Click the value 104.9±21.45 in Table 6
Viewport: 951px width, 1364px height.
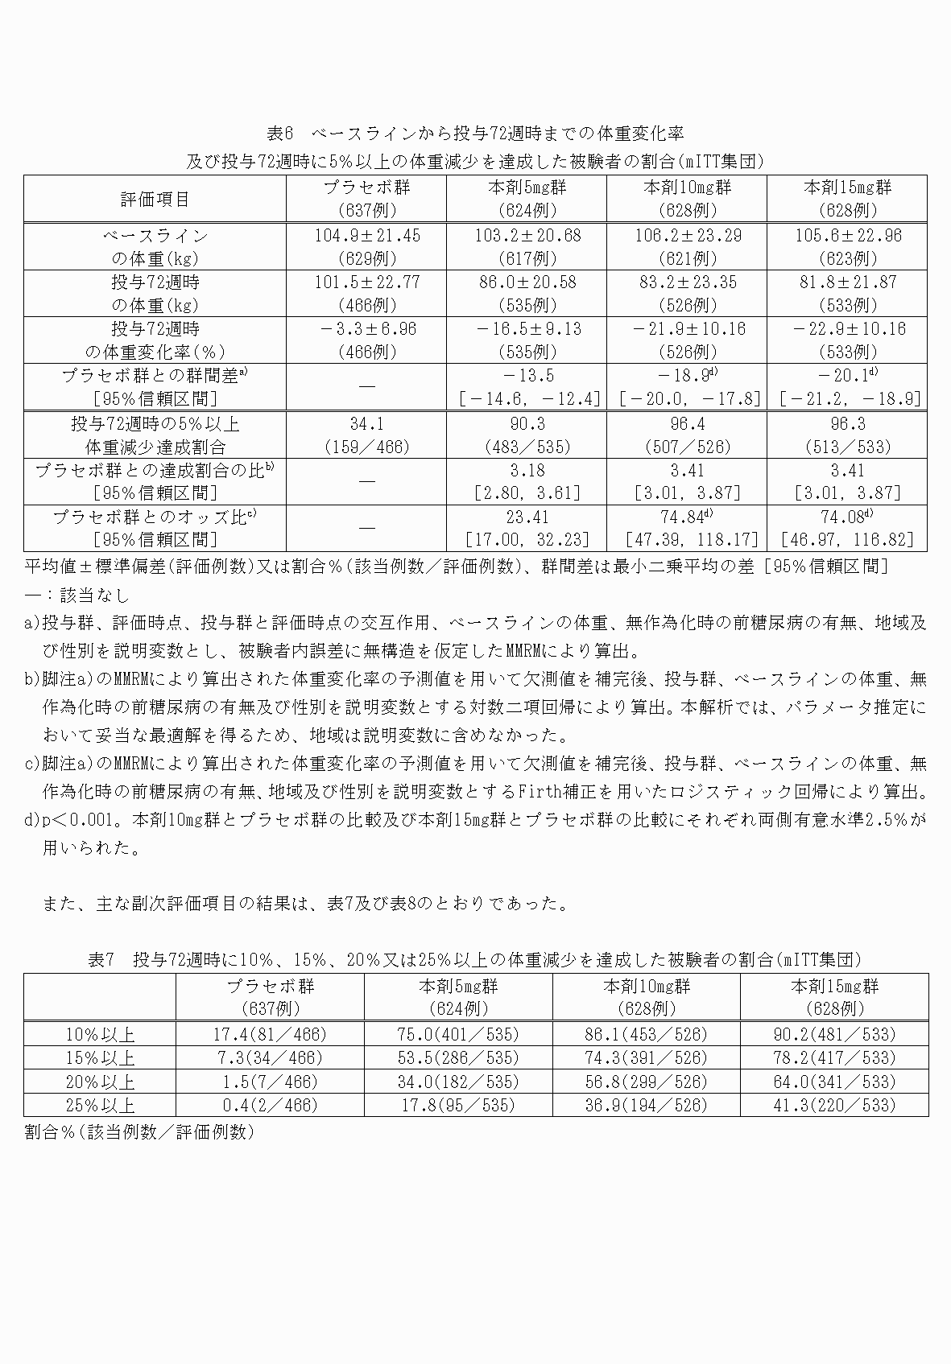coord(366,236)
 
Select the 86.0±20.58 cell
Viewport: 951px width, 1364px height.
coord(527,282)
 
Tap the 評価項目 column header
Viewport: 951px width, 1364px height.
coord(155,199)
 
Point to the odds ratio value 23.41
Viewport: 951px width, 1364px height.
coord(527,517)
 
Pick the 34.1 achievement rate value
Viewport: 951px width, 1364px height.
coord(366,424)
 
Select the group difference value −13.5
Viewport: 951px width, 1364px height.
coord(527,376)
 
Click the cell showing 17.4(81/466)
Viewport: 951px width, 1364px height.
coord(270,1034)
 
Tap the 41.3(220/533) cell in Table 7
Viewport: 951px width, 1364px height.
coord(834,1105)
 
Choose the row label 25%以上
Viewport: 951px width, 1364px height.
coord(100,1105)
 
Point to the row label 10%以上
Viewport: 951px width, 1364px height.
coord(100,1034)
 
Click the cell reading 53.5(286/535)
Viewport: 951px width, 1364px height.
coord(458,1057)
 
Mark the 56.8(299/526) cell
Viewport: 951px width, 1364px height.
coord(646,1082)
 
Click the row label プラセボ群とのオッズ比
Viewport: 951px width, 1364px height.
coord(155,517)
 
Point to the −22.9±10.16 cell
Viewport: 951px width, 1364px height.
coord(846,329)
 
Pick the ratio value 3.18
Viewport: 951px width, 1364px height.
coord(527,470)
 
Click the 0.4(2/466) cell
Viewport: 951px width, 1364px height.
coord(270,1105)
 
